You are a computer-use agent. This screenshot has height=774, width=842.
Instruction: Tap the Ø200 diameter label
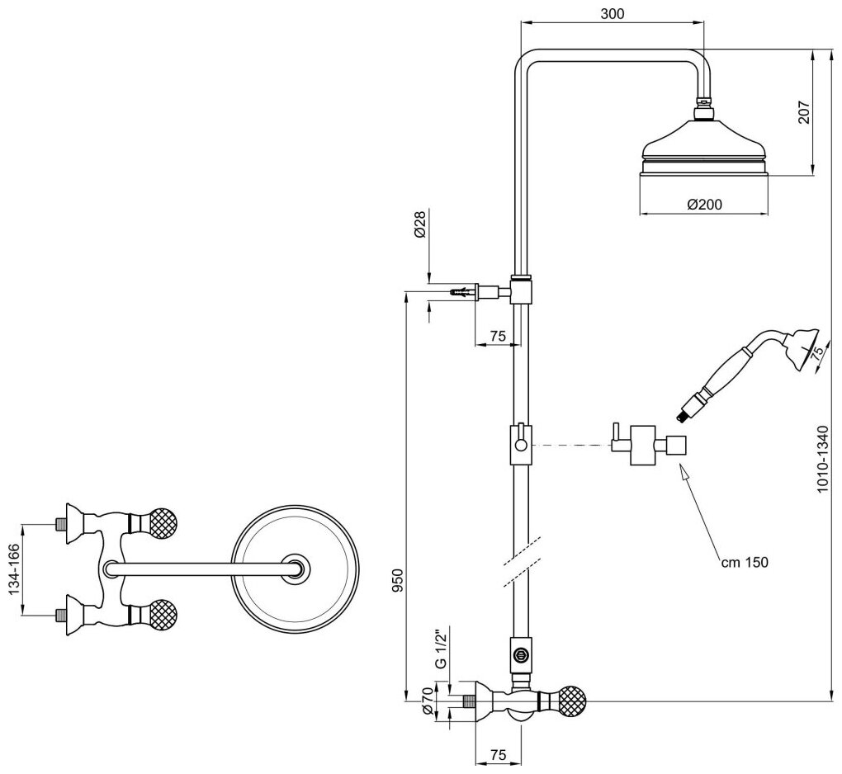click(x=705, y=205)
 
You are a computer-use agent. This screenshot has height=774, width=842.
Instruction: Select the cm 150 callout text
click(x=744, y=563)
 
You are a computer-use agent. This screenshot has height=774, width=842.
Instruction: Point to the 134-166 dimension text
click(x=12, y=569)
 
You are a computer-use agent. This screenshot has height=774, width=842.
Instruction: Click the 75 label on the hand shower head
click(x=816, y=352)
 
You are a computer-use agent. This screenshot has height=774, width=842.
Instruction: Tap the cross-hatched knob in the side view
click(x=573, y=701)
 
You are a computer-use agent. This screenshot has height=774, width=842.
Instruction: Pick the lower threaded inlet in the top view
click(x=59, y=615)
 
